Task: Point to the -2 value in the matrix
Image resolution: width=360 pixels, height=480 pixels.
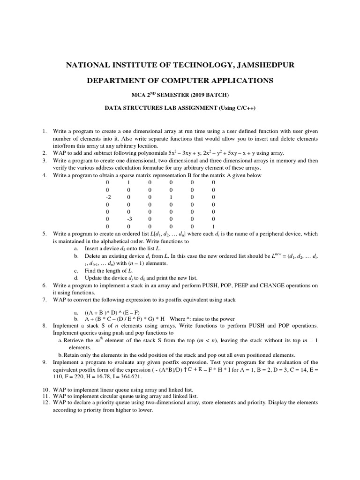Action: tap(108, 197)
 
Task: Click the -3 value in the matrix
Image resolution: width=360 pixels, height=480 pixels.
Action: tap(128, 218)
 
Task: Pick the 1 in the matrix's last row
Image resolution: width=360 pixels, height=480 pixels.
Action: tap(213, 226)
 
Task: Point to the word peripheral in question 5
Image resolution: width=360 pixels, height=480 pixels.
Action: tap(266, 233)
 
